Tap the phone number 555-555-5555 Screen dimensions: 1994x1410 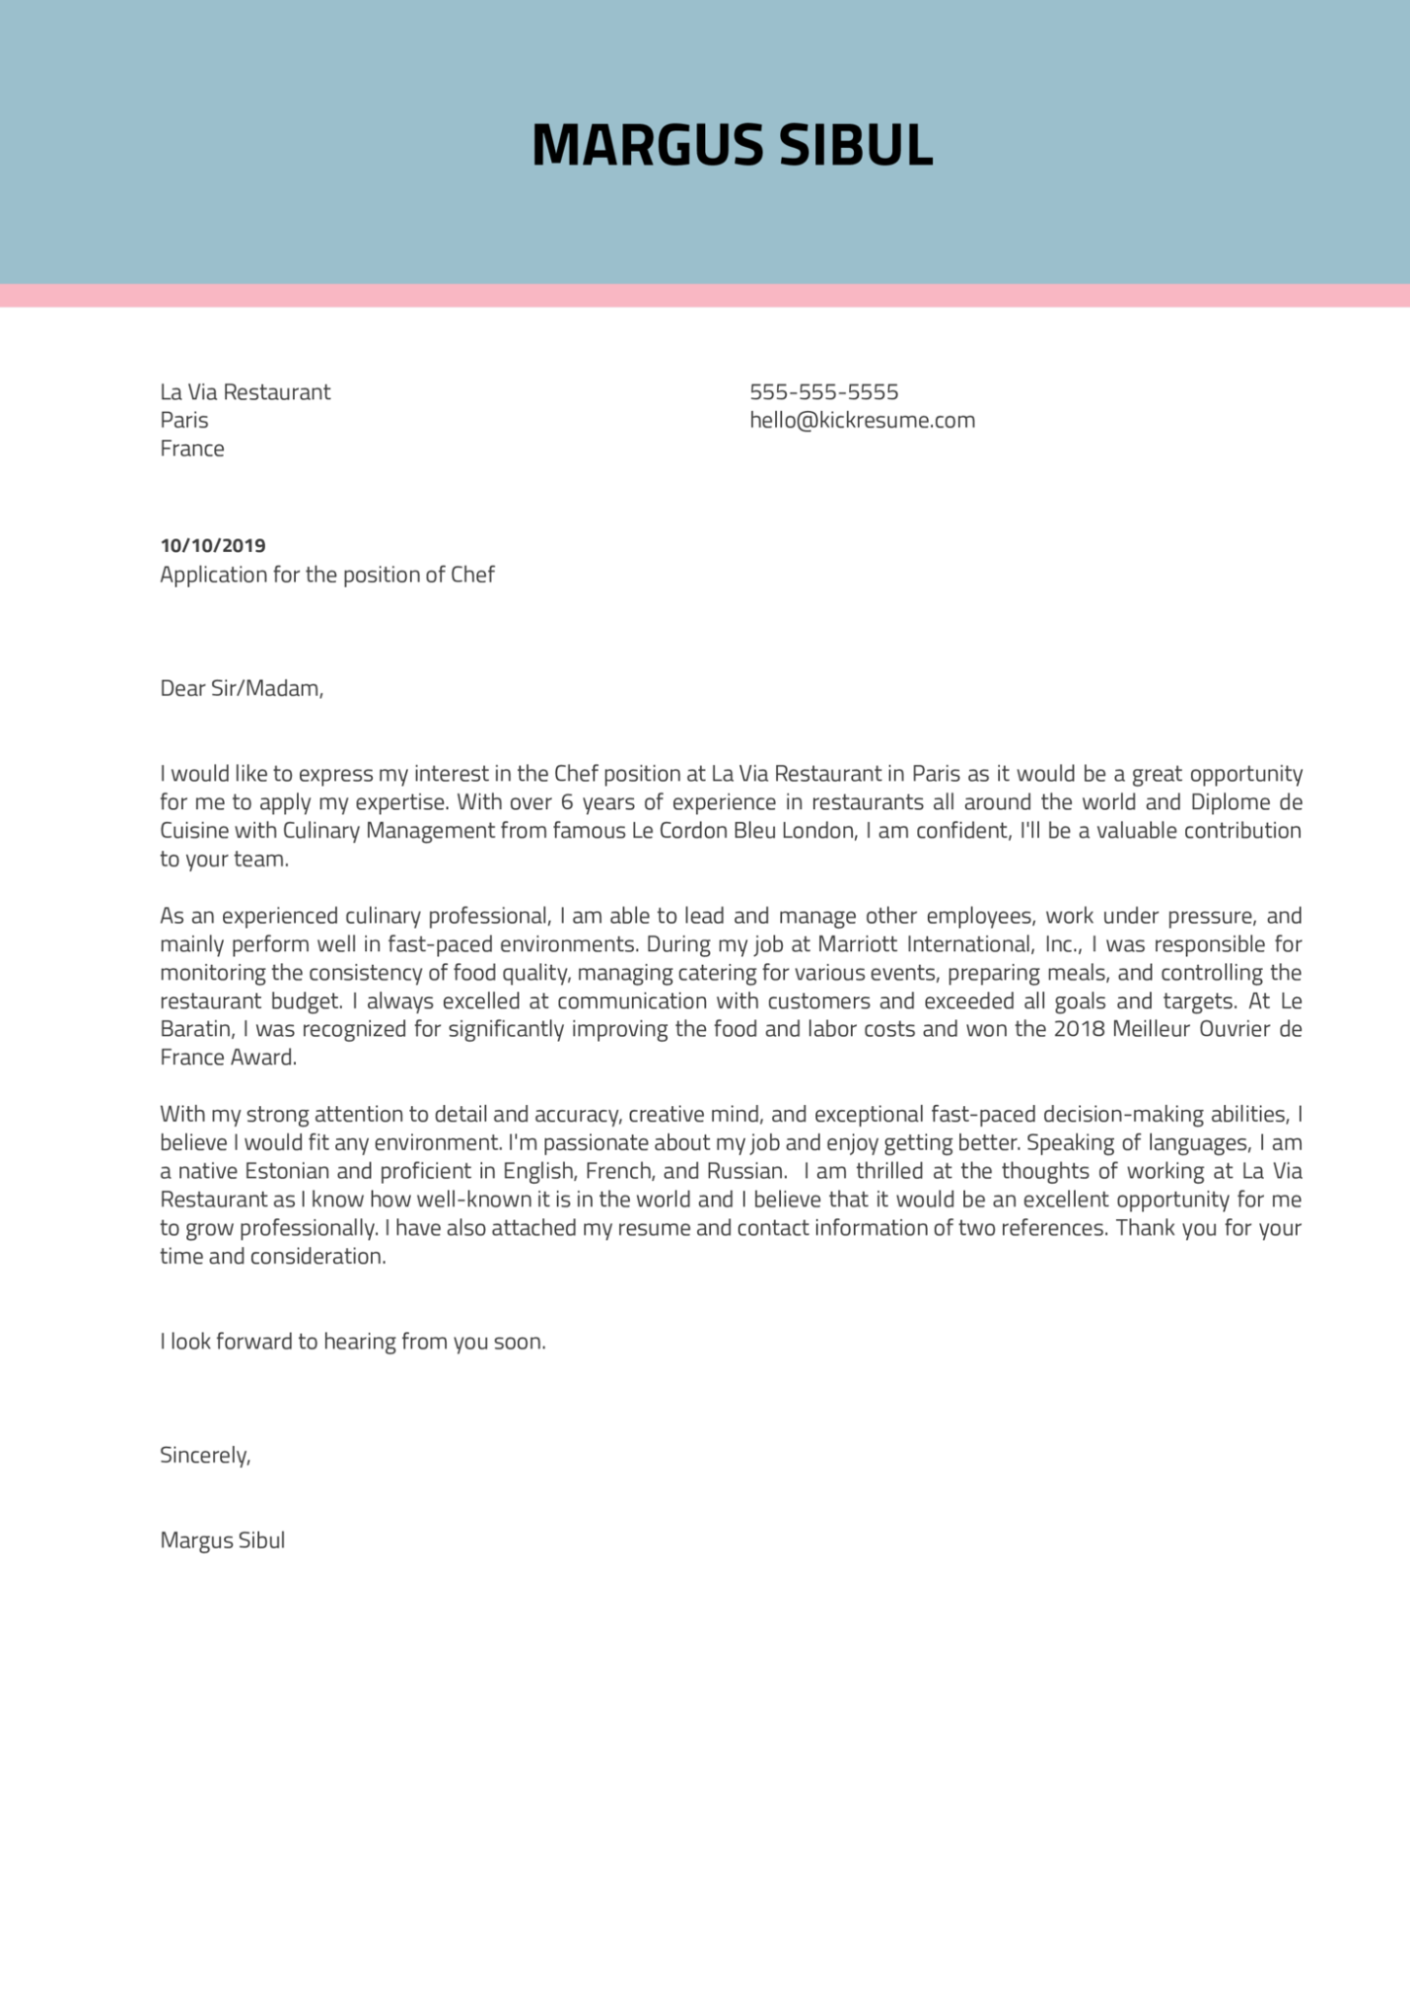[824, 392]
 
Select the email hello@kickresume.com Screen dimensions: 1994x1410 [862, 421]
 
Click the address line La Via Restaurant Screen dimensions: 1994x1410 [245, 392]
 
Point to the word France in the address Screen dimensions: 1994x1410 [192, 449]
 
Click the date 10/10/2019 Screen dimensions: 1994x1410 [212, 545]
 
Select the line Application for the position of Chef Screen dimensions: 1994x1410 [327, 574]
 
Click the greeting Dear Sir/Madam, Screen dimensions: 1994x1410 [241, 689]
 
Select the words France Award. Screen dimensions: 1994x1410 [228, 1057]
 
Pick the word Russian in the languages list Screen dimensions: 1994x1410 [745, 1171]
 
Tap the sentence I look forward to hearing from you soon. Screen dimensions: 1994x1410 [352, 1342]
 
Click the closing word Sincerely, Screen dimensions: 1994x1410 [205, 1456]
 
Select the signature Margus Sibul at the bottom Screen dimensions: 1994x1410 [222, 1540]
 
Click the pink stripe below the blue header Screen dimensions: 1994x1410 [705, 295]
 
